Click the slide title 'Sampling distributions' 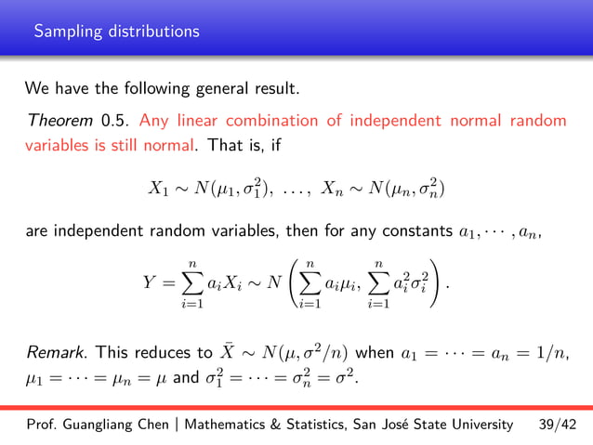coord(116,32)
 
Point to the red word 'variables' coord(58,145)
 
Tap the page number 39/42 coord(558,425)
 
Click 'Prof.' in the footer coord(42,425)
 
